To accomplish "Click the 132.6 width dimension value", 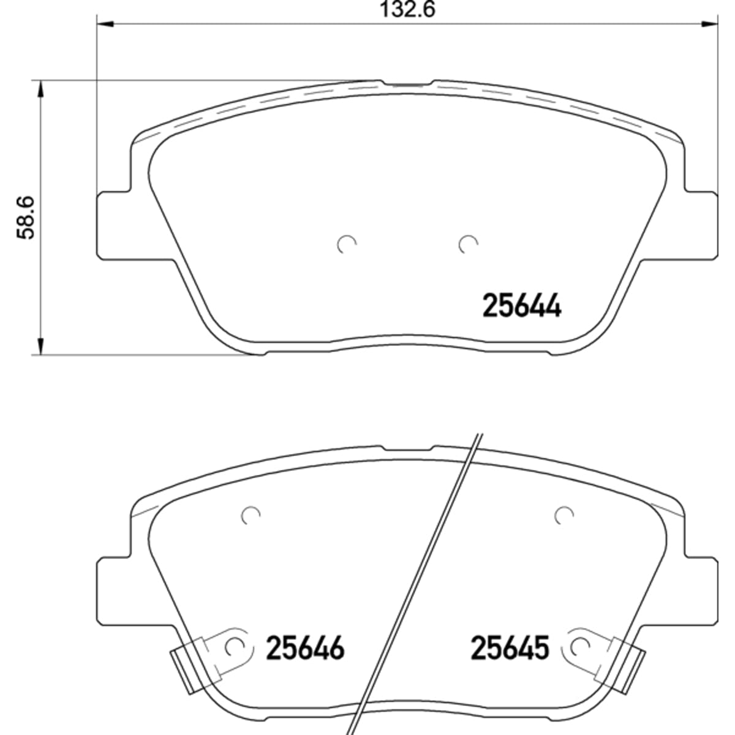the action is (x=407, y=9).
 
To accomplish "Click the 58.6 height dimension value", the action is (x=26, y=218).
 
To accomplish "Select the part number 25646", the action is (x=305, y=648).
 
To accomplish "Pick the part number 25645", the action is (x=510, y=648).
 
